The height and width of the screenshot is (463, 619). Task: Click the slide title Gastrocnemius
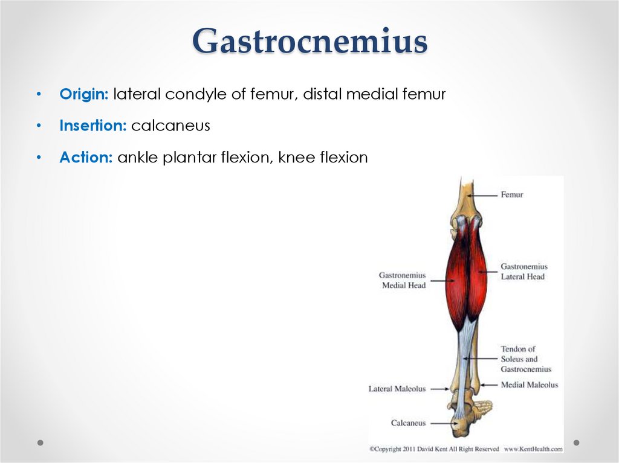[309, 42]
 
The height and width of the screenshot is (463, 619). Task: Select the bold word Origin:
[84, 94]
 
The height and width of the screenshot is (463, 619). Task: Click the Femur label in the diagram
[511, 195]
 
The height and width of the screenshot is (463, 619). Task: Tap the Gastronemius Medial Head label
[403, 280]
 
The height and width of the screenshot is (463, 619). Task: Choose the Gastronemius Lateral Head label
[523, 272]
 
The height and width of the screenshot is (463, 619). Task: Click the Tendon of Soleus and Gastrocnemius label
[525, 359]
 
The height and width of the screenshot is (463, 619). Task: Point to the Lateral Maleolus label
[397, 389]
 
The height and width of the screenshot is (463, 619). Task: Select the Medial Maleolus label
[529, 385]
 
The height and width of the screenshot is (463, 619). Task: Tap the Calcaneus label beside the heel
[408, 423]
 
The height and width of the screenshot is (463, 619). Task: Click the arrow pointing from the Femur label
[485, 195]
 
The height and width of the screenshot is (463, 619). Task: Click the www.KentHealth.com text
[533, 449]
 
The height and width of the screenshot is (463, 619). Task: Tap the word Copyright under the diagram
[391, 449]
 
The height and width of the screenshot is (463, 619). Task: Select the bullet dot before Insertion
[39, 126]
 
